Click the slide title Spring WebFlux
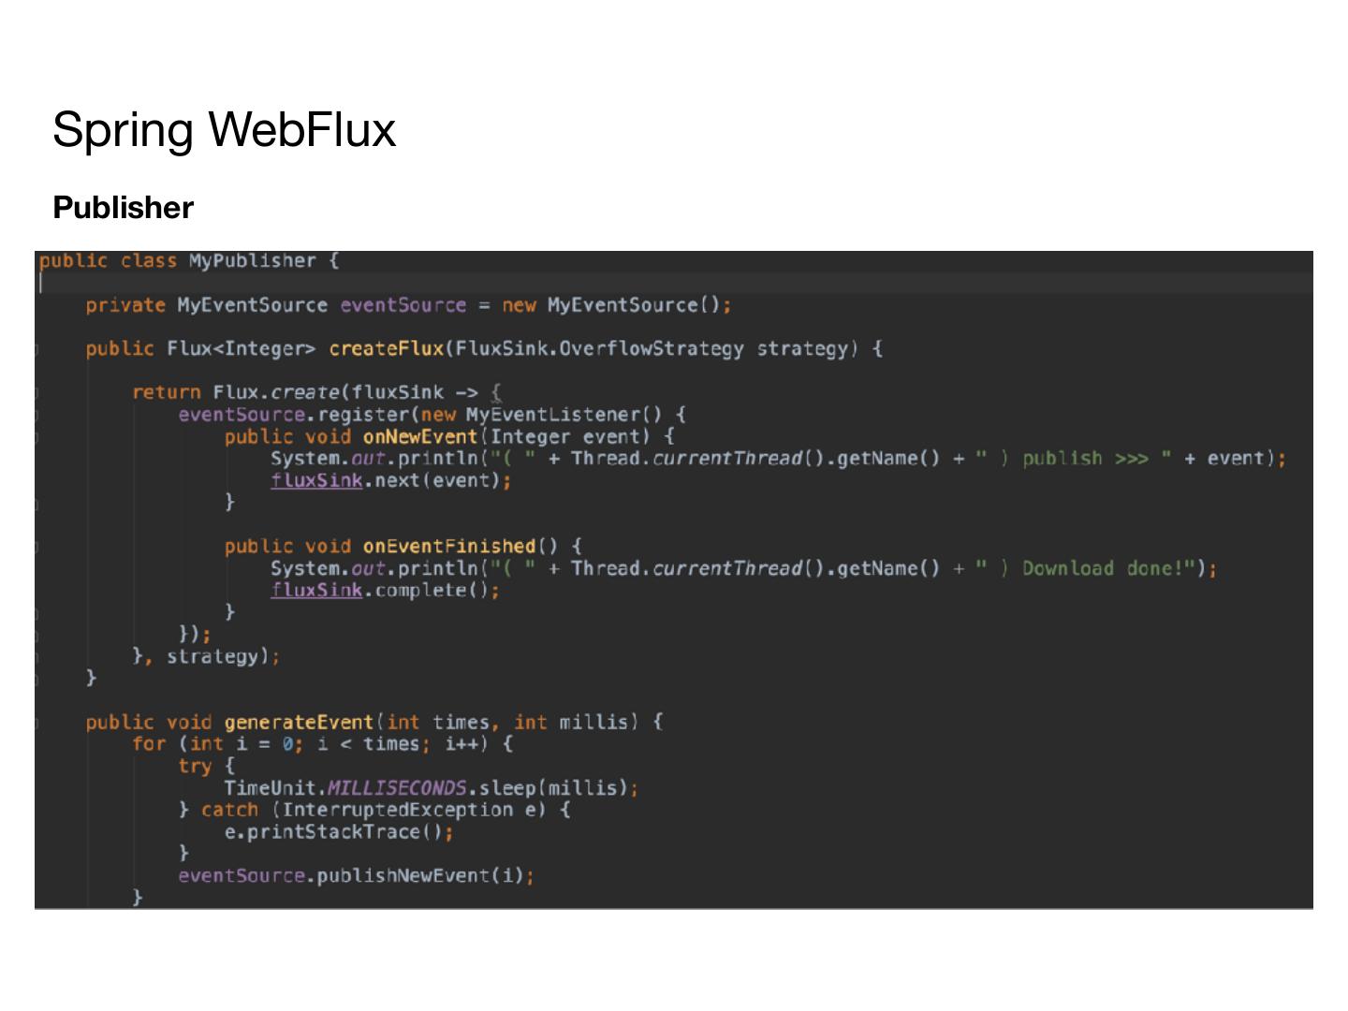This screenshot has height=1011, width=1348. (224, 129)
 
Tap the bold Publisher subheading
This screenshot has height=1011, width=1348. (123, 208)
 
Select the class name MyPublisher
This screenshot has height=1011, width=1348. (252, 261)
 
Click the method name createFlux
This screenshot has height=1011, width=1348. (386, 349)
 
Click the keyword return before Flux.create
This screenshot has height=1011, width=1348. (167, 392)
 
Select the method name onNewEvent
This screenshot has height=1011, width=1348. (420, 436)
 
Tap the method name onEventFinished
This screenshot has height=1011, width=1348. (448, 546)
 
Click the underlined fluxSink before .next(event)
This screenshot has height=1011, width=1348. (315, 480)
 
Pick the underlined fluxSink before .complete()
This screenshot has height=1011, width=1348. (315, 590)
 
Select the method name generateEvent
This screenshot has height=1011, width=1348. (299, 722)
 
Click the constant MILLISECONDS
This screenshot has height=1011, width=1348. (397, 788)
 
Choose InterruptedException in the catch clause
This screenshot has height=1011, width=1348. (397, 810)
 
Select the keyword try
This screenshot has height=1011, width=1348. (195, 766)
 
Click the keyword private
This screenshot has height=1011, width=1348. (125, 305)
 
